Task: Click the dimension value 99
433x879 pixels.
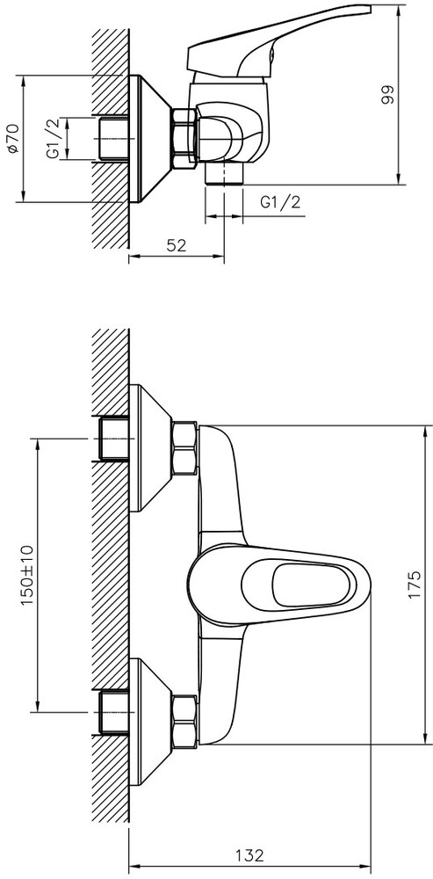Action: [387, 95]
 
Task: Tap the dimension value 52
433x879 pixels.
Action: [177, 245]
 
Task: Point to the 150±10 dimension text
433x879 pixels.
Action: [27, 574]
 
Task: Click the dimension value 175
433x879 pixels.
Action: [414, 585]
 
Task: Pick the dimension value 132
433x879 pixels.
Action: [249, 856]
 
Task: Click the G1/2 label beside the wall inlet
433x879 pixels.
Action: [54, 139]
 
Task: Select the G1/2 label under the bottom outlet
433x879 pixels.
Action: [280, 202]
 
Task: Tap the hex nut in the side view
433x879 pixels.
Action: [184, 137]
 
